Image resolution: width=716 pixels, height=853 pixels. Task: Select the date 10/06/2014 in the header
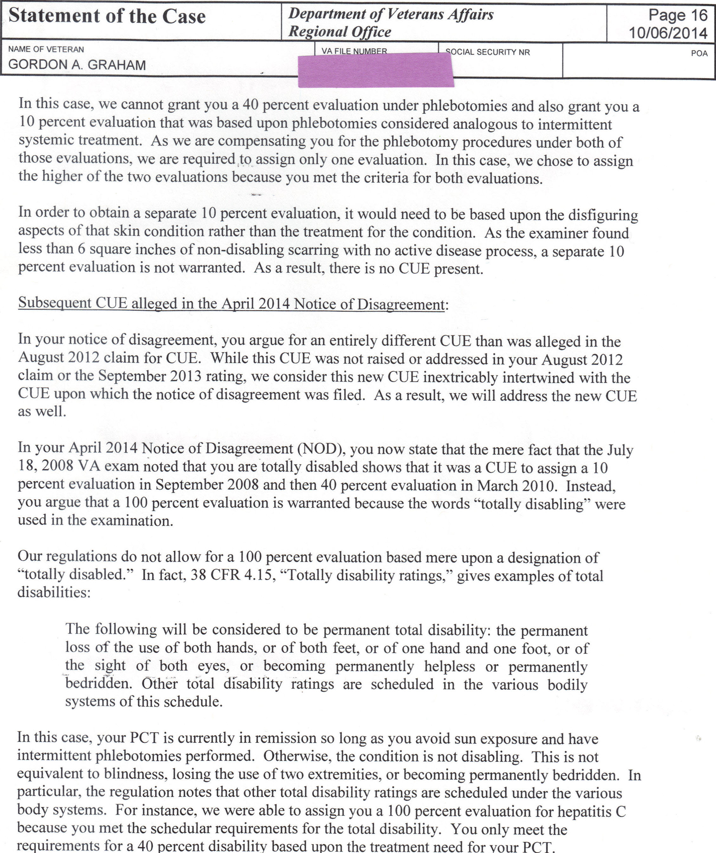668,33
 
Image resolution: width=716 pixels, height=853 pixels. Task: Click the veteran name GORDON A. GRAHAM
77,65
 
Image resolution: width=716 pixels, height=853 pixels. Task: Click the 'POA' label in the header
699,53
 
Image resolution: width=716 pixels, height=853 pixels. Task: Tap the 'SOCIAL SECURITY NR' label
487,52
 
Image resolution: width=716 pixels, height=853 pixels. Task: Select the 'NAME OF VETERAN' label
46,49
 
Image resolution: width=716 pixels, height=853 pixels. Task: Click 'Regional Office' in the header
340,32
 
